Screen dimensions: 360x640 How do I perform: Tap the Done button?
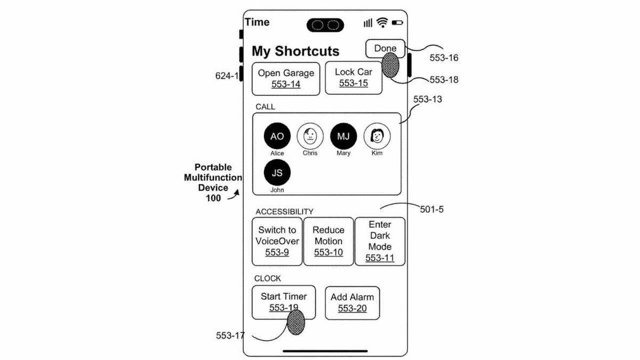click(385, 49)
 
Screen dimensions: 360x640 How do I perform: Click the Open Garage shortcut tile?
click(286, 78)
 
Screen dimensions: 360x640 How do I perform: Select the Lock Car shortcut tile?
click(354, 77)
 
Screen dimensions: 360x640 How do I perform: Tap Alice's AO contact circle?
click(277, 136)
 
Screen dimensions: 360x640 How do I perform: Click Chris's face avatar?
click(310, 136)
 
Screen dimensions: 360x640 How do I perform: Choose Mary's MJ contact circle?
click(343, 136)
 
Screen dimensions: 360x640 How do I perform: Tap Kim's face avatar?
click(377, 136)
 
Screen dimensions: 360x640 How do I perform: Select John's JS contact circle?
click(277, 172)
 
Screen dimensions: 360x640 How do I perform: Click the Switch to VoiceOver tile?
click(277, 241)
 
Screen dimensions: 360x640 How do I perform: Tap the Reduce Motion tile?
click(329, 241)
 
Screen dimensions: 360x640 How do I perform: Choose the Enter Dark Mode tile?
click(380, 241)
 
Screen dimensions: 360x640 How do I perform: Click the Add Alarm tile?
click(352, 302)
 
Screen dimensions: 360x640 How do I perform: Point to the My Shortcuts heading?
click(295, 51)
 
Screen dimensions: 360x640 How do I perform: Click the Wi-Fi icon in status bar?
click(382, 22)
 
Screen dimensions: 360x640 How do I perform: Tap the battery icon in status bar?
click(397, 23)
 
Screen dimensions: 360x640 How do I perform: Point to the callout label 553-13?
click(427, 99)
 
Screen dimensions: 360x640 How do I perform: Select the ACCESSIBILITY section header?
click(284, 212)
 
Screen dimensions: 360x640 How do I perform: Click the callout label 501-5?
click(431, 210)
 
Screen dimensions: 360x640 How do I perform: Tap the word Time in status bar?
click(257, 22)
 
